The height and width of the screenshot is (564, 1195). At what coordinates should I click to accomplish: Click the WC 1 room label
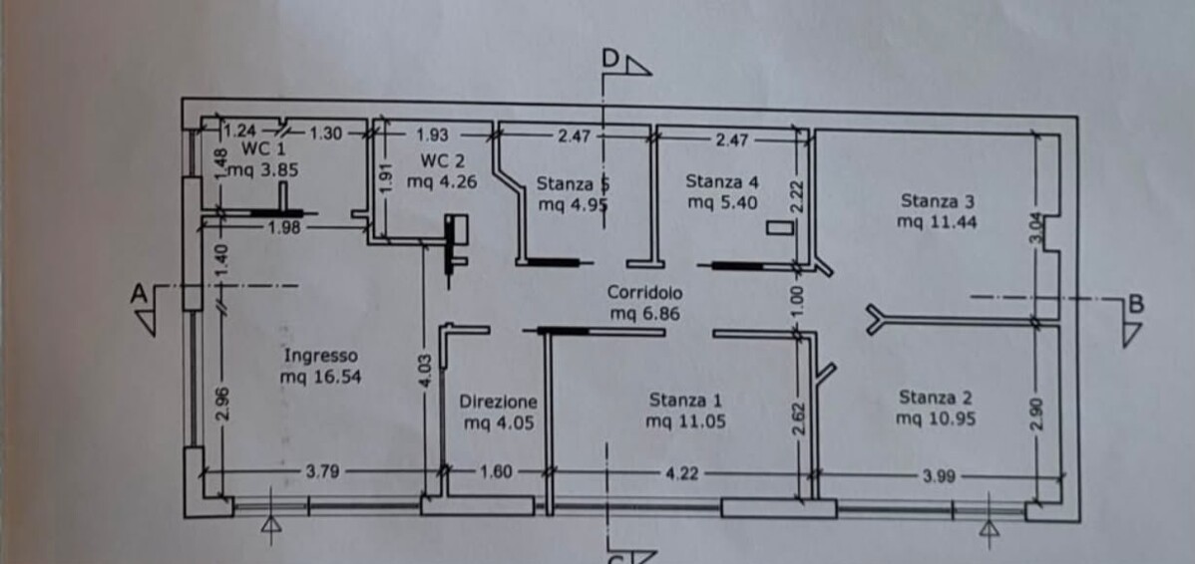click(263, 148)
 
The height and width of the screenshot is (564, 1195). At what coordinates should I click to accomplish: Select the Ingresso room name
click(320, 356)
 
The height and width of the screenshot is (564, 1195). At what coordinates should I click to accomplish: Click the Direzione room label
click(499, 402)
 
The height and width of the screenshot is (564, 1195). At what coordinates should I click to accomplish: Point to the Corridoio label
click(644, 292)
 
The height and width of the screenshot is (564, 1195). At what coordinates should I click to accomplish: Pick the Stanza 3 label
click(938, 201)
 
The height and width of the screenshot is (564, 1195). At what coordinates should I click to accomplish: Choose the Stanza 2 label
click(936, 398)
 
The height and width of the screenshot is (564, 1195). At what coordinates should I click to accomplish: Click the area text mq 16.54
click(320, 376)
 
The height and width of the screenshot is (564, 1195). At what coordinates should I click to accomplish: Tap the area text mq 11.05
click(685, 421)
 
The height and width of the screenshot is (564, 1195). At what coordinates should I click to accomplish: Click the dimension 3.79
click(322, 472)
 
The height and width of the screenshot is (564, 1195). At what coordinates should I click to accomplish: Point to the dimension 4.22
click(683, 473)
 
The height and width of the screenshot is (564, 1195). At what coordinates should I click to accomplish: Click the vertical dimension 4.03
click(428, 370)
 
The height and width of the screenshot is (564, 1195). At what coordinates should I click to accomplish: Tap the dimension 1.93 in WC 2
click(433, 135)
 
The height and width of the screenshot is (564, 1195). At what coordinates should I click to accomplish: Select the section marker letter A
click(138, 294)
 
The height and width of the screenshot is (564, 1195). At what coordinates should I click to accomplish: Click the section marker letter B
click(1135, 305)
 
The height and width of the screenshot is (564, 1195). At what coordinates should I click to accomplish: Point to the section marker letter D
click(610, 58)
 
